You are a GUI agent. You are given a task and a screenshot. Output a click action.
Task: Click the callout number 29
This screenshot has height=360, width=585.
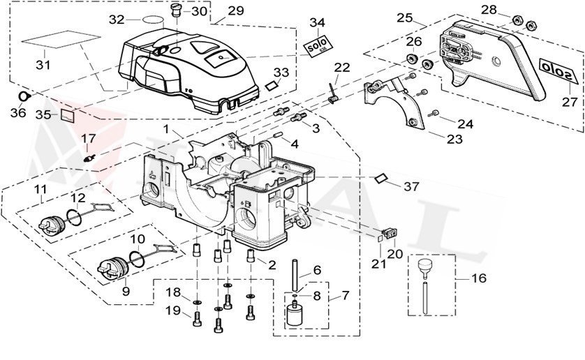236,10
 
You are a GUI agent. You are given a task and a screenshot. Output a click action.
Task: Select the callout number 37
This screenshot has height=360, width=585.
412,186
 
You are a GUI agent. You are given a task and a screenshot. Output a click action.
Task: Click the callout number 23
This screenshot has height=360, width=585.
454,140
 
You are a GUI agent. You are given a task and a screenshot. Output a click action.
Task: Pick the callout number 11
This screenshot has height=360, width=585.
40,190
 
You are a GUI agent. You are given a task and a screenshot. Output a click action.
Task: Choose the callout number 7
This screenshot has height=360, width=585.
346,296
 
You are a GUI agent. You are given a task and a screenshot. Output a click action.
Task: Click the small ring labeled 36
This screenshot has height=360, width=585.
23,96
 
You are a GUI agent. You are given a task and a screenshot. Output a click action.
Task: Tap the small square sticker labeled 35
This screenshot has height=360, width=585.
68,114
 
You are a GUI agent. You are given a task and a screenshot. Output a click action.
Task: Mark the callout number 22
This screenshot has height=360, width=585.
342,67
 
